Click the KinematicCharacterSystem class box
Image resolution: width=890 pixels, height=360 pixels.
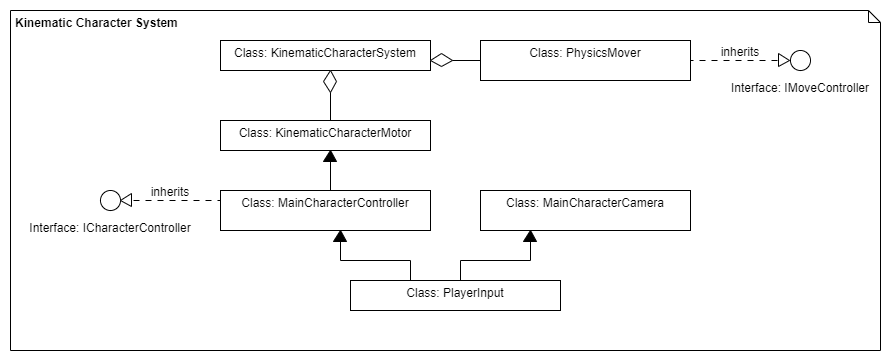point(325,56)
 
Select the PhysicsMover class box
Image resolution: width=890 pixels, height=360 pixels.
point(585,60)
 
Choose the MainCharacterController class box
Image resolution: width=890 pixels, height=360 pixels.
point(325,211)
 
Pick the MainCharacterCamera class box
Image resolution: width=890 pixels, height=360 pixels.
point(585,211)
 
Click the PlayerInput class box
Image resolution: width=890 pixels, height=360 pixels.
point(455,295)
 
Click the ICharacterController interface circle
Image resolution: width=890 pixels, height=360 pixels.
point(110,200)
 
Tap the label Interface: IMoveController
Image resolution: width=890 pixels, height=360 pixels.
point(799,88)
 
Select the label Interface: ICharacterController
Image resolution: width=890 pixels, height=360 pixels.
point(110,228)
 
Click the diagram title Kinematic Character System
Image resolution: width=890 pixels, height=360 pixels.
point(97,22)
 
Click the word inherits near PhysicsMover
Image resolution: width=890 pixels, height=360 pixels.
point(739,51)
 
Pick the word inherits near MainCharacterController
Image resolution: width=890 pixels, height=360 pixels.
point(170,191)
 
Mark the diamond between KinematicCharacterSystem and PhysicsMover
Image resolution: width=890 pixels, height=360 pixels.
point(442,61)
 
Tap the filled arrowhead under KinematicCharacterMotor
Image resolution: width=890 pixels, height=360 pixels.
point(325,157)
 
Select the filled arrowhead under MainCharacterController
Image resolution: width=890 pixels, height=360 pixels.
point(340,237)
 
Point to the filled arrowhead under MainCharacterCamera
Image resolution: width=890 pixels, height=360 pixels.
point(530,237)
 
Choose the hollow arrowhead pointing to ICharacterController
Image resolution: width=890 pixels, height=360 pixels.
point(127,200)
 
